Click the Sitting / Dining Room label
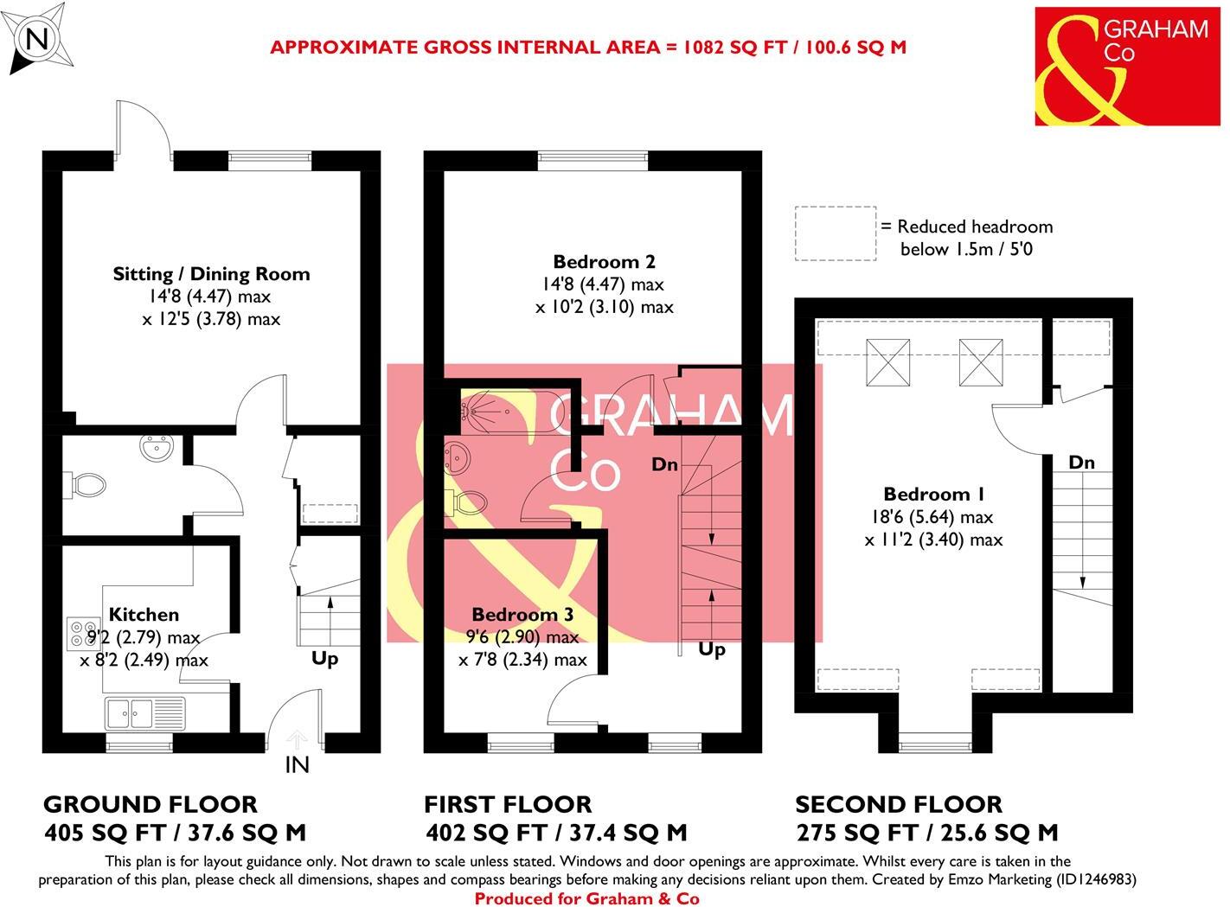211,274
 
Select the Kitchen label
144,615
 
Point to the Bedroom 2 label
604,261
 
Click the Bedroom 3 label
522,615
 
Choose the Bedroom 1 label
933,495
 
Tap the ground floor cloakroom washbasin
158,448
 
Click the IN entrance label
297,764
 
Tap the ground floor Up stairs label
324,659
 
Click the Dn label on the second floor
1081,463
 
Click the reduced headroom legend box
835,233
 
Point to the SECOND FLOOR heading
898,804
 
